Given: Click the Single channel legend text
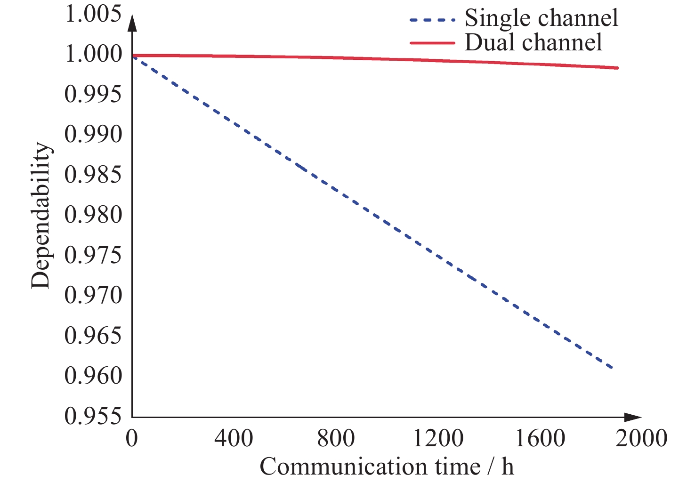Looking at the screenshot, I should (x=541, y=18).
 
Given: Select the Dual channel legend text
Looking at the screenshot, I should (x=533, y=42).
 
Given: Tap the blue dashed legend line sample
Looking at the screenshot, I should (x=433, y=20).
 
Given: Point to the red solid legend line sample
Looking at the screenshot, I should (x=433, y=43).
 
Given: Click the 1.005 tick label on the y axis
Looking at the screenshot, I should (x=93, y=14).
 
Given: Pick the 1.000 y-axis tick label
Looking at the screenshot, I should (x=93, y=55).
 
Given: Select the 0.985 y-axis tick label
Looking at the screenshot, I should (x=93, y=175).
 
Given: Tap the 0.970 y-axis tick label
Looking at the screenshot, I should (x=93, y=296).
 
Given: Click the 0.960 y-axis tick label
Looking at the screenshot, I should (x=93, y=376).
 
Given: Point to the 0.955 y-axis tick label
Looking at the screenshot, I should (x=93, y=416).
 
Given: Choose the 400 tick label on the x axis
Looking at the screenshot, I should (x=234, y=439).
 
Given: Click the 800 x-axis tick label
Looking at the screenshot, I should (x=336, y=439).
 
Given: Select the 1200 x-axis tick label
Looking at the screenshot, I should (x=438, y=439).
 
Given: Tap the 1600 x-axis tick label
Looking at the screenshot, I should (x=540, y=439).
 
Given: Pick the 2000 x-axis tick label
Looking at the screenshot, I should (x=642, y=439).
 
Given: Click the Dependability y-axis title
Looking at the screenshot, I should (x=40, y=216).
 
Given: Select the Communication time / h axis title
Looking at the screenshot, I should (x=387, y=467).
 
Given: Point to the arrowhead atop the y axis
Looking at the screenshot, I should (x=132, y=23).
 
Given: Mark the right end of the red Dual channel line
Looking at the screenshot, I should (x=617, y=68).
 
